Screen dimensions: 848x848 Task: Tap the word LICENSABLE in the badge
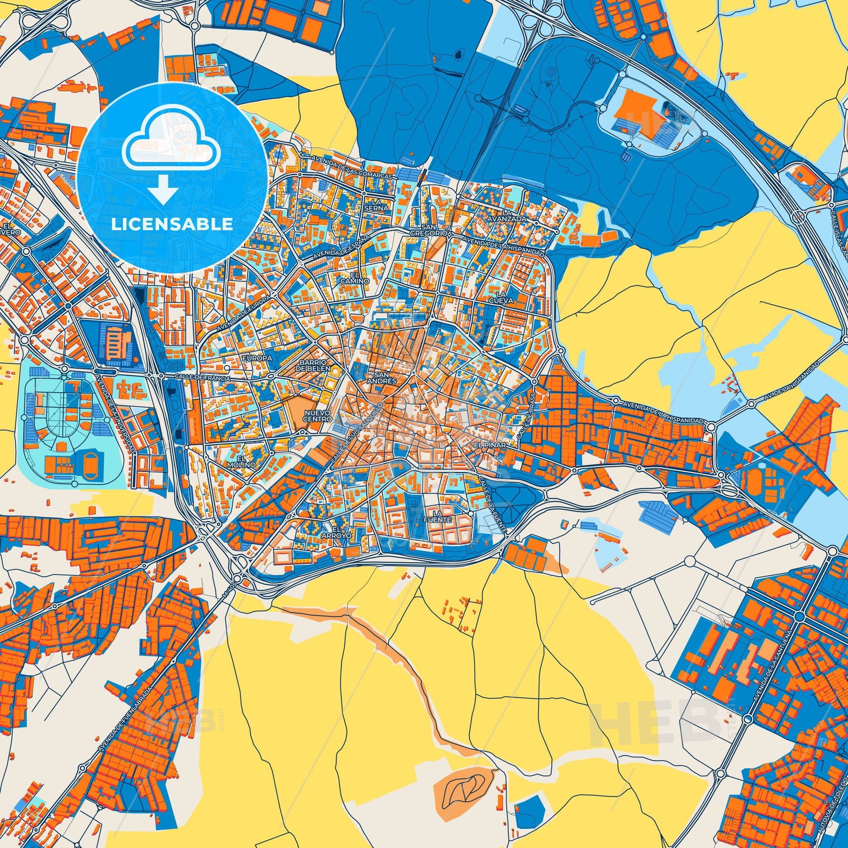pos(172,225)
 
